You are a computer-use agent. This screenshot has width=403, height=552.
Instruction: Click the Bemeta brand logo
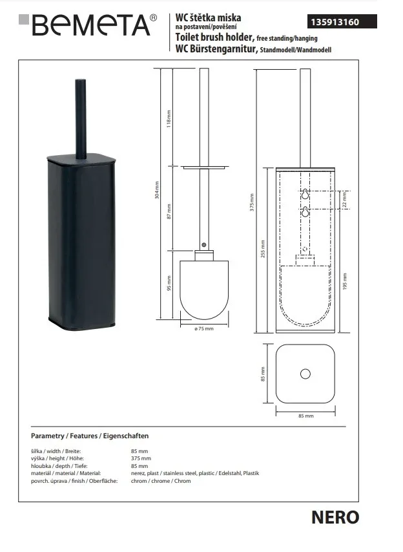pyautogui.click(x=88, y=25)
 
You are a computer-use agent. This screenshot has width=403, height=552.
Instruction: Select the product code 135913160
pyautogui.click(x=335, y=22)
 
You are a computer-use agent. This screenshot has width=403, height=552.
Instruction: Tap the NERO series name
pyautogui.click(x=335, y=518)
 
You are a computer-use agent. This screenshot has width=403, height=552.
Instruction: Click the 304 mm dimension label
pyautogui.click(x=157, y=190)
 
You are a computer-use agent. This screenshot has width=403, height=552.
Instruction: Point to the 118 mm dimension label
pyautogui.click(x=169, y=119)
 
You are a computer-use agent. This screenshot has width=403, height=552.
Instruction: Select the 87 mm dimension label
pyautogui.click(x=169, y=211)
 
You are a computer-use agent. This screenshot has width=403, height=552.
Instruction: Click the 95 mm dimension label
pyautogui.click(x=169, y=283)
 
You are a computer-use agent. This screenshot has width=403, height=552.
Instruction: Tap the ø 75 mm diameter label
pyautogui.click(x=204, y=329)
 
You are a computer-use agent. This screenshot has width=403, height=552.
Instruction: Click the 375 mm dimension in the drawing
pyautogui.click(x=252, y=202)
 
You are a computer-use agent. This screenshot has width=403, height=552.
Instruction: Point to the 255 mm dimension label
pyautogui.click(x=263, y=249)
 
